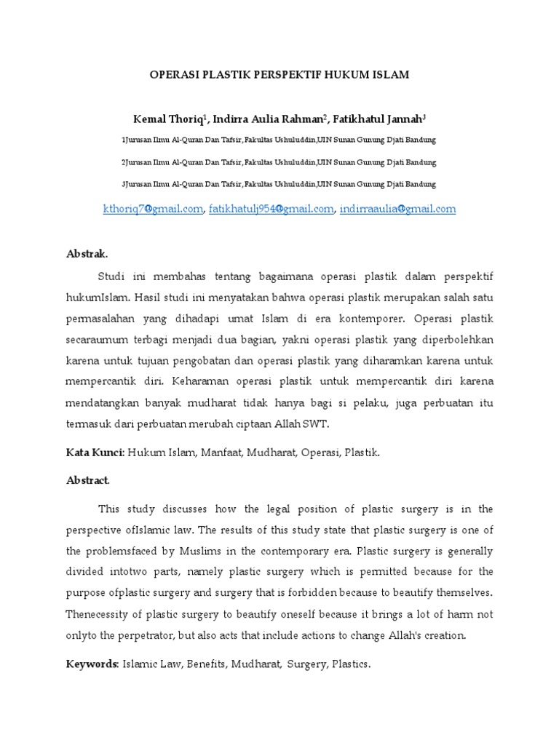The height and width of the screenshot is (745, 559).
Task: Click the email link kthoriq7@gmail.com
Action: click(x=153, y=209)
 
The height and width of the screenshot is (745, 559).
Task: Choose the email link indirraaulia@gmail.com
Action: click(x=397, y=209)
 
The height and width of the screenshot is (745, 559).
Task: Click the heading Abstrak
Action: click(x=86, y=255)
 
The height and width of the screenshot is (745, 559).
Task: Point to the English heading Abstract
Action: click(x=87, y=480)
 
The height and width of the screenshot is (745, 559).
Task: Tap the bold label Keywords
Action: click(x=92, y=664)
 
